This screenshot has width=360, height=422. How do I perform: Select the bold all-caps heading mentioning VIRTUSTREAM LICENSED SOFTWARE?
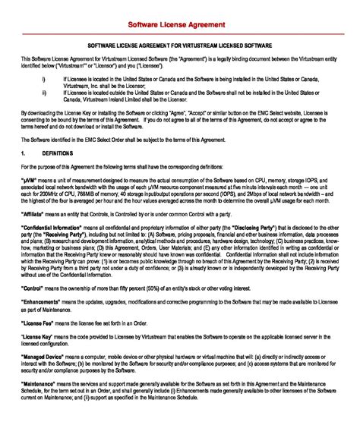pyautogui.click(x=180, y=46)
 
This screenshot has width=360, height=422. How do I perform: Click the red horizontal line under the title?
pyautogui.click(x=180, y=33)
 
